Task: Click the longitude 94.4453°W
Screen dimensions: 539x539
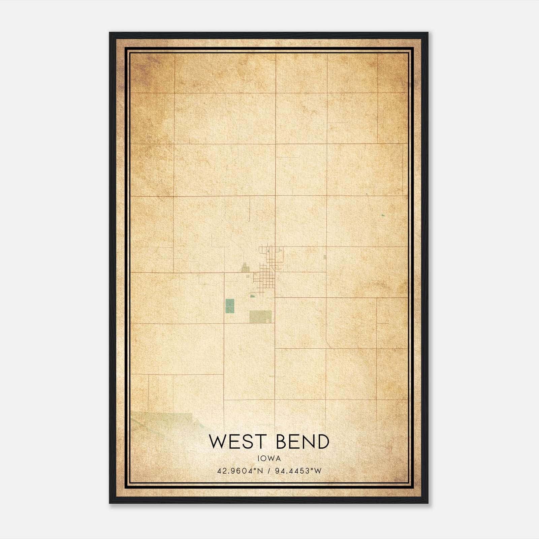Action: [298, 471]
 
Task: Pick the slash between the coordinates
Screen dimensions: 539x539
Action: [269, 471]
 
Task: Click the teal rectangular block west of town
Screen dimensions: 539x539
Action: [229, 306]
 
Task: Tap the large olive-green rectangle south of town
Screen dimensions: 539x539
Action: [260, 316]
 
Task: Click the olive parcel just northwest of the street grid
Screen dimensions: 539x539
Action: [245, 269]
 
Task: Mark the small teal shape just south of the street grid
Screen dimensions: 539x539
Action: [252, 296]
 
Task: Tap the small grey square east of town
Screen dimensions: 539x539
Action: [325, 257]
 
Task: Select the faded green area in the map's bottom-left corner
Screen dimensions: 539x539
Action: [158, 421]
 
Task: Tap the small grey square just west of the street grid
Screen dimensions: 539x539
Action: [248, 276]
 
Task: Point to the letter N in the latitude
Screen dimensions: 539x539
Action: [260, 471]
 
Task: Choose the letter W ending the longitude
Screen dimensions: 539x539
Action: [318, 471]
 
